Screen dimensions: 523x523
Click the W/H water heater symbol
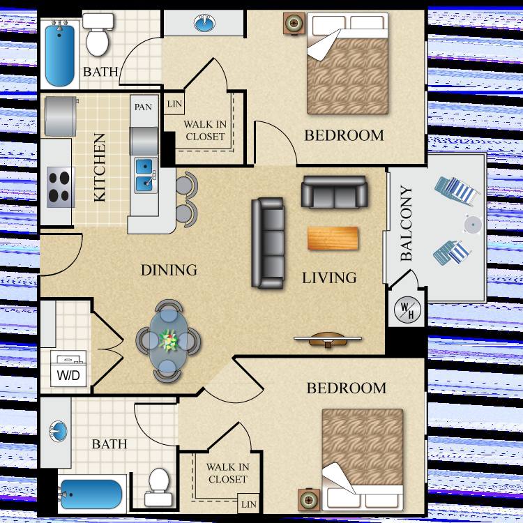point(407,310)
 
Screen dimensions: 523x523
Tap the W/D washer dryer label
point(68,375)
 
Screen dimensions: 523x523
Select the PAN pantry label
point(143,107)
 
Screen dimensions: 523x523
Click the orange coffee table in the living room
point(333,238)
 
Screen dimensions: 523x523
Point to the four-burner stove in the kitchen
point(59,187)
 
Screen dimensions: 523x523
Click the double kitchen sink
point(146,176)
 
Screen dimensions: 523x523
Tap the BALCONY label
point(407,223)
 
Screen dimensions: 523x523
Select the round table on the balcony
point(472,224)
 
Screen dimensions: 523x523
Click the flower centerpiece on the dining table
point(169,340)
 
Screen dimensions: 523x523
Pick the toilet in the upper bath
point(98,34)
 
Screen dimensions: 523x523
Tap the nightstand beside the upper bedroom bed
point(294,23)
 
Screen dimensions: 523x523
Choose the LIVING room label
point(329,278)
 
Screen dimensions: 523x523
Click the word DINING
point(169,270)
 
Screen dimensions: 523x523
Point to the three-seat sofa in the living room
point(268,243)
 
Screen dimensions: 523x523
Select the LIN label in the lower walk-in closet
point(249,504)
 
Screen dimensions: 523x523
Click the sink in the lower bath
point(58,431)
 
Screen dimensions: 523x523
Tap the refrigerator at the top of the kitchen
point(61,116)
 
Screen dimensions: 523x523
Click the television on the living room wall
point(328,339)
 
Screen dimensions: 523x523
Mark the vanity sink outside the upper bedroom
point(204,22)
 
